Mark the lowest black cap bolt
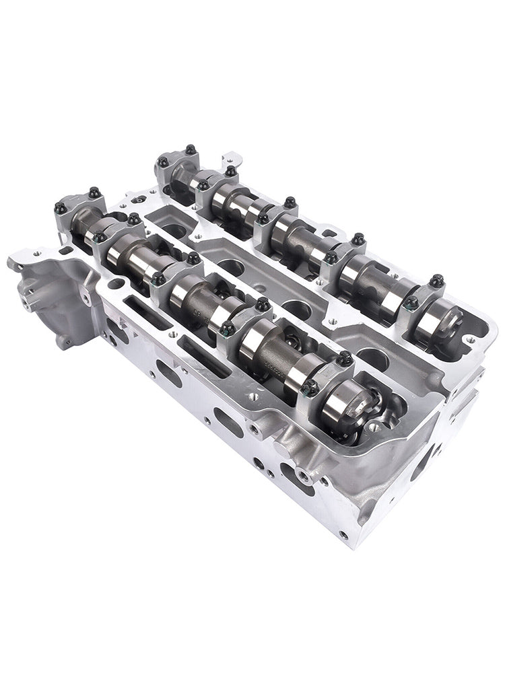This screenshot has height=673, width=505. point(312,386)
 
